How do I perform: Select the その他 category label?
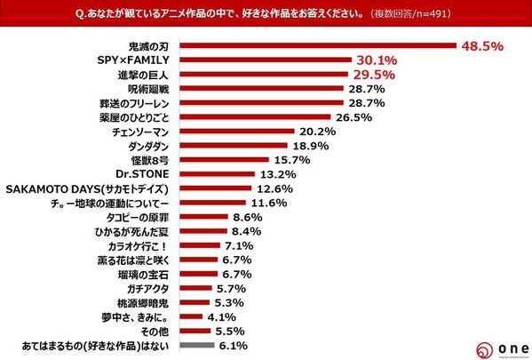161,331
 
